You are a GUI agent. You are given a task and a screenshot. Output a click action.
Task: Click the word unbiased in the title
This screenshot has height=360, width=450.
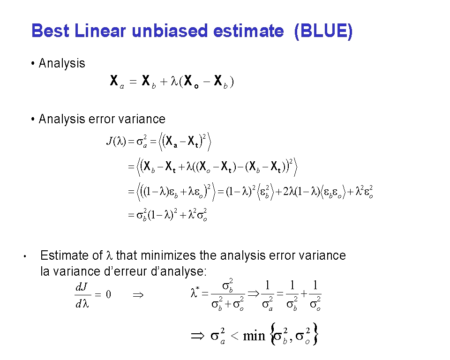170,31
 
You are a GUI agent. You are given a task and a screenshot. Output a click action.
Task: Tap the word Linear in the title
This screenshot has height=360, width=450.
100,31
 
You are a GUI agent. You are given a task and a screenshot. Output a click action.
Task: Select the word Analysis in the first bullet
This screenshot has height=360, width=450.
62,63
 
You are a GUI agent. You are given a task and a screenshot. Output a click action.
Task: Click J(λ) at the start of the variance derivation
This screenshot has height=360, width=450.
116,141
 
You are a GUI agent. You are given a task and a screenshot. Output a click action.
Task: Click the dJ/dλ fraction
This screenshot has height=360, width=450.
82,294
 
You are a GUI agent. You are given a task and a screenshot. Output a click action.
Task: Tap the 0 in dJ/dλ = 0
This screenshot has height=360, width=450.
108,294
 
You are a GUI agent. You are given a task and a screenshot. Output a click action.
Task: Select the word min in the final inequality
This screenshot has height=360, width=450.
254,336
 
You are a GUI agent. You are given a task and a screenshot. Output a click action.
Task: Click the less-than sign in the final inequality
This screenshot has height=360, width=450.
234,336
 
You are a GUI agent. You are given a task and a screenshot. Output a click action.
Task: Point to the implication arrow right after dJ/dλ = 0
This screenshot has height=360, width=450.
138,295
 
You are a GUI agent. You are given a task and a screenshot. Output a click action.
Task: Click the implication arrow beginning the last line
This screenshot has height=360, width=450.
198,336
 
